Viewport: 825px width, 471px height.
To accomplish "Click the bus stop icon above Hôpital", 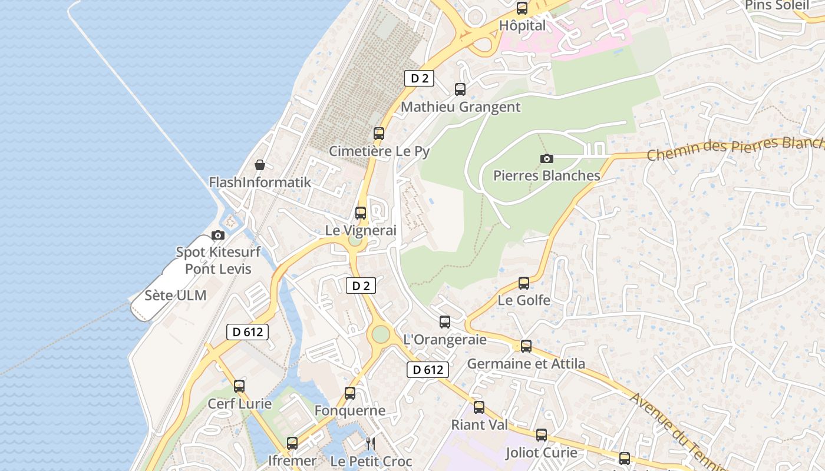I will pyautogui.click(x=522, y=8).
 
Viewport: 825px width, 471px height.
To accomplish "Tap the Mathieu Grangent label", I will pyautogui.click(x=460, y=107).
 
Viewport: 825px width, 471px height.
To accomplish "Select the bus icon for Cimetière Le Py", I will pyautogui.click(x=379, y=134).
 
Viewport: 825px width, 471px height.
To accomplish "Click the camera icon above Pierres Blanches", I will pyautogui.click(x=547, y=158).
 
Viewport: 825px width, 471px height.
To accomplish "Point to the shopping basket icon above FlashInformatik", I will pyautogui.click(x=260, y=165).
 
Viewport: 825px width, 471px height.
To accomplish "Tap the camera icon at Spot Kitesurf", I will pyautogui.click(x=218, y=235).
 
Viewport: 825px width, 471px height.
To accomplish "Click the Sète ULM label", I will pyautogui.click(x=176, y=296).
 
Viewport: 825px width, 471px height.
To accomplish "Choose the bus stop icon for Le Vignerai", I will pyautogui.click(x=361, y=213).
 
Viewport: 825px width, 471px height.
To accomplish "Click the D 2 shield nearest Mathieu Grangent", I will pyautogui.click(x=419, y=78).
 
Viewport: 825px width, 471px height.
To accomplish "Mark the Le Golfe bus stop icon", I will pyautogui.click(x=524, y=283).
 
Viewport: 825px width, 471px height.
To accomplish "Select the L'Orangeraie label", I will pyautogui.click(x=445, y=340).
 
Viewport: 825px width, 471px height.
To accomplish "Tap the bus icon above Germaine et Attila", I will pyautogui.click(x=526, y=346).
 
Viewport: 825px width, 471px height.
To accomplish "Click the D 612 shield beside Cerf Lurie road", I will pyautogui.click(x=247, y=332).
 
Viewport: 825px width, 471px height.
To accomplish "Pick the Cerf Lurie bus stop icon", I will pyautogui.click(x=239, y=386).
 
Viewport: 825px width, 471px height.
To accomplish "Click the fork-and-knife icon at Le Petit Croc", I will pyautogui.click(x=371, y=443).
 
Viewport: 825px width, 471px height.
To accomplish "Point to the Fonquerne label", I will pyautogui.click(x=350, y=410).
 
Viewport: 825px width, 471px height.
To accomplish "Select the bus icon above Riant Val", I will pyautogui.click(x=479, y=407).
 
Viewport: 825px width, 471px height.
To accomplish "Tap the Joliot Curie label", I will pyautogui.click(x=542, y=453).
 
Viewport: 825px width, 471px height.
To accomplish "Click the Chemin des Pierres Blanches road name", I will pyautogui.click(x=734, y=149).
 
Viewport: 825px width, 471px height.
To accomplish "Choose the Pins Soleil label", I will pyautogui.click(x=777, y=5).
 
